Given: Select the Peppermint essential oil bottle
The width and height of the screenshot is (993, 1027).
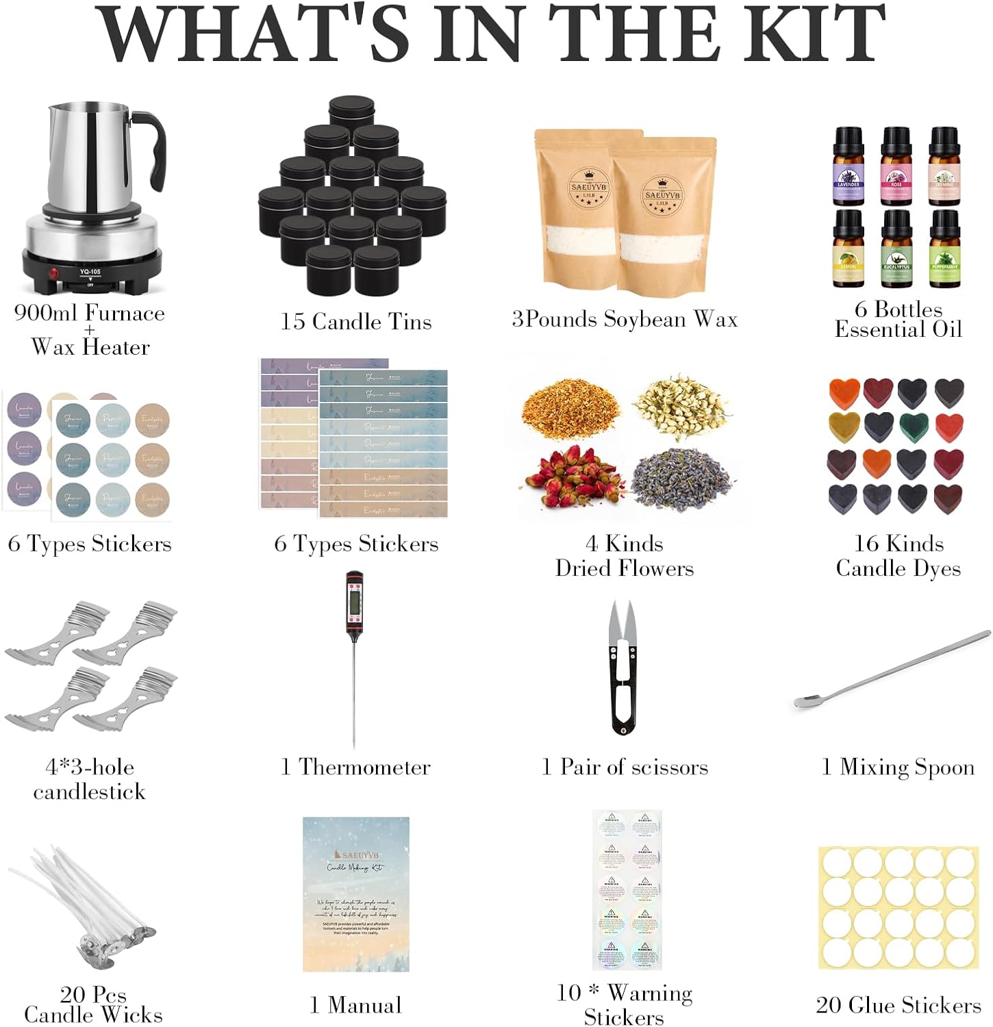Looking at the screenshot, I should tap(944, 249).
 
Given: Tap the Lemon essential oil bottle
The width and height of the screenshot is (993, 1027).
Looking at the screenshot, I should tap(849, 249).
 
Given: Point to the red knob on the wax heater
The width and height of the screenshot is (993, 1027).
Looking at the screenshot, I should tap(52, 273).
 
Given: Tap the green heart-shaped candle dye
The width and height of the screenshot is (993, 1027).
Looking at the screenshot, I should tap(914, 426).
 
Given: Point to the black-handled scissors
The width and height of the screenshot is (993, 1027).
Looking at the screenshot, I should tap(623, 671).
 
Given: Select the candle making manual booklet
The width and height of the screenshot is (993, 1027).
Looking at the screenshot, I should tap(356, 893).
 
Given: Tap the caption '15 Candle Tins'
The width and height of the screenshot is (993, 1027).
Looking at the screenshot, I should tap(356, 322).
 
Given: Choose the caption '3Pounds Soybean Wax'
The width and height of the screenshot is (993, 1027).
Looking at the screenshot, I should tap(625, 319).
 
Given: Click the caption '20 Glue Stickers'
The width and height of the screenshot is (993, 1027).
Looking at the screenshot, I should tap(898, 1004).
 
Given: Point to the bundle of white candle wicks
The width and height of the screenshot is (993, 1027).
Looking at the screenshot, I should tap(82, 904).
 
